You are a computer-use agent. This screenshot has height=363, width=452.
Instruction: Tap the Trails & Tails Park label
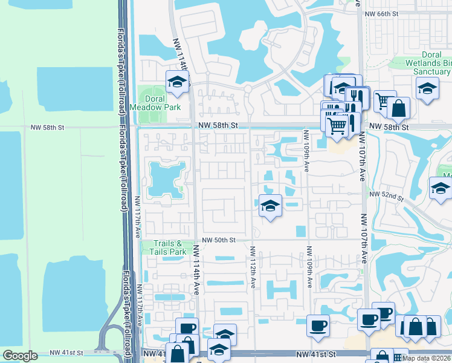click(165, 247)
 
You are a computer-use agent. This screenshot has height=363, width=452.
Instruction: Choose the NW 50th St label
click(218, 240)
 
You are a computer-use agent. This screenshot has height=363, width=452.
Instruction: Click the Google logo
click(20, 356)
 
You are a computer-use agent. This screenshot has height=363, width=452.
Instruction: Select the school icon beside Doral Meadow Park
click(177, 82)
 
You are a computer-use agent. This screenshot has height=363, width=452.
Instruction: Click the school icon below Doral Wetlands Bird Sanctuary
click(427, 89)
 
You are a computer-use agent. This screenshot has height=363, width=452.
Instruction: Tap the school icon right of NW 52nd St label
click(441, 189)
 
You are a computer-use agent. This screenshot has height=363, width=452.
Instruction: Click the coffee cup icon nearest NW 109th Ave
click(318, 327)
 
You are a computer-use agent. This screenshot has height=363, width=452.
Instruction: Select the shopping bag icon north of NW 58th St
click(398, 109)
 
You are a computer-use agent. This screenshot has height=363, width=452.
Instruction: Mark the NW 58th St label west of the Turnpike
click(47, 128)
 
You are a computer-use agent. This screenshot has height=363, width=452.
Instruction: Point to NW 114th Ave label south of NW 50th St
click(196, 270)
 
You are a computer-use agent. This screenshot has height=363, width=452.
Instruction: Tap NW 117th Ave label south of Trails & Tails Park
click(140, 304)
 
